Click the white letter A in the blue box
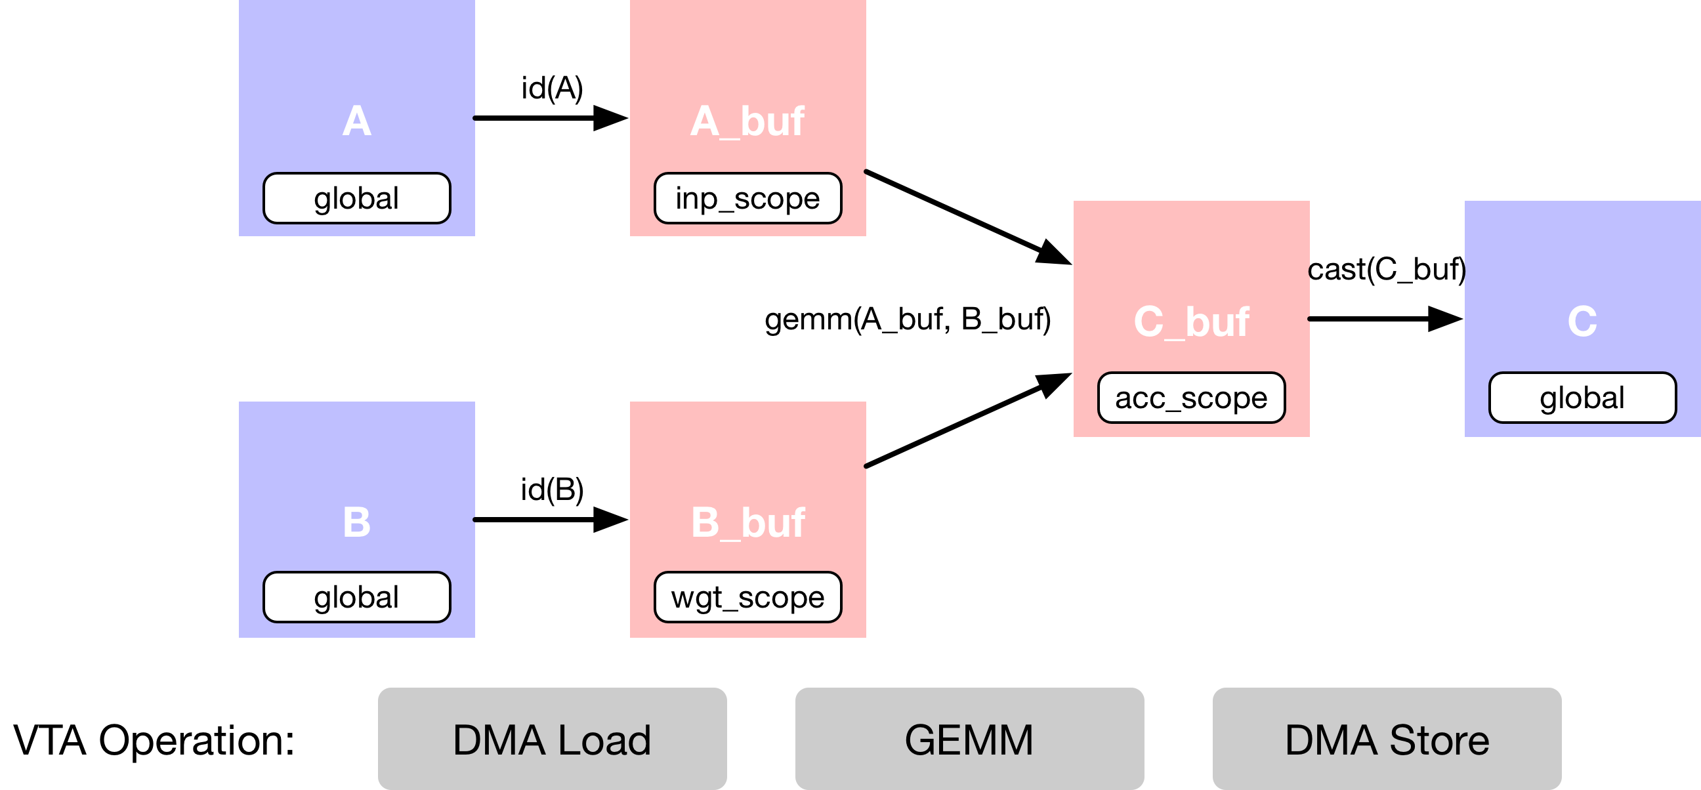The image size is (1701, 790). coord(356,121)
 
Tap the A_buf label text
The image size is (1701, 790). coord(747,121)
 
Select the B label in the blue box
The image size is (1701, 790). coord(356,522)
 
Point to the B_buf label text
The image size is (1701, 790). coord(747,522)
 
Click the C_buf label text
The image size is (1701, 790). coord(1190,322)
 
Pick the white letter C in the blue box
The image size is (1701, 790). coord(1582,322)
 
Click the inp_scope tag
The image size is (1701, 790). coord(747,198)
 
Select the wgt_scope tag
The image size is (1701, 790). coord(747,597)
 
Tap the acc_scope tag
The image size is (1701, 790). coord(1191,398)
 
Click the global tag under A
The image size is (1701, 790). coord(356,198)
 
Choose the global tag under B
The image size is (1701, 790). coord(356,597)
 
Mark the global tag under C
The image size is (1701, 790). coord(1582,398)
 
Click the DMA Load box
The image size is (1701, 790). coord(552,739)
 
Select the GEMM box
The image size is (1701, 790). coord(969,739)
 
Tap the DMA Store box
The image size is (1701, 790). coord(1387,739)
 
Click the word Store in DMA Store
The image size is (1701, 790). coord(1439,740)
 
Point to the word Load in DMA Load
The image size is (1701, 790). coord(604,740)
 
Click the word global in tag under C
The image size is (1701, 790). coord(1582,398)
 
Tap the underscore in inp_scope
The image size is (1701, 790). coord(726,209)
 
